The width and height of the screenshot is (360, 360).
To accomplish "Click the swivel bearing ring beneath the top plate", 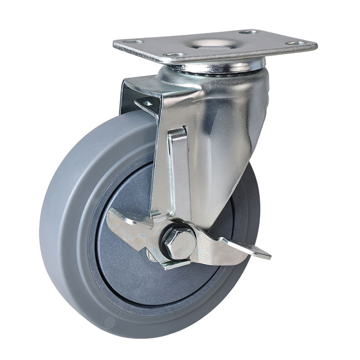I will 216,67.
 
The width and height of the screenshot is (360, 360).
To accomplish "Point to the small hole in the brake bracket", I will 148,103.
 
